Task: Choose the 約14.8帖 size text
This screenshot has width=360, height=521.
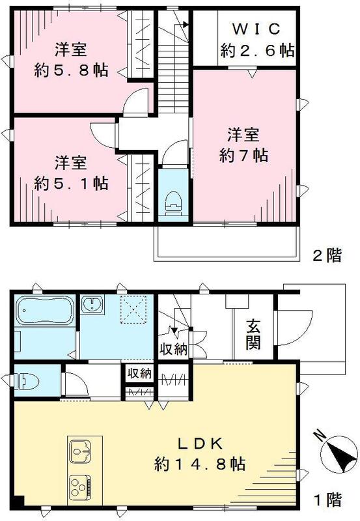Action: point(200,464)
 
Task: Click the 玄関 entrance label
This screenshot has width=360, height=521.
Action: point(253,333)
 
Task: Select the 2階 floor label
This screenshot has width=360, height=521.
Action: point(325,255)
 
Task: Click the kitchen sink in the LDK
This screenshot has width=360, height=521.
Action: point(81,451)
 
